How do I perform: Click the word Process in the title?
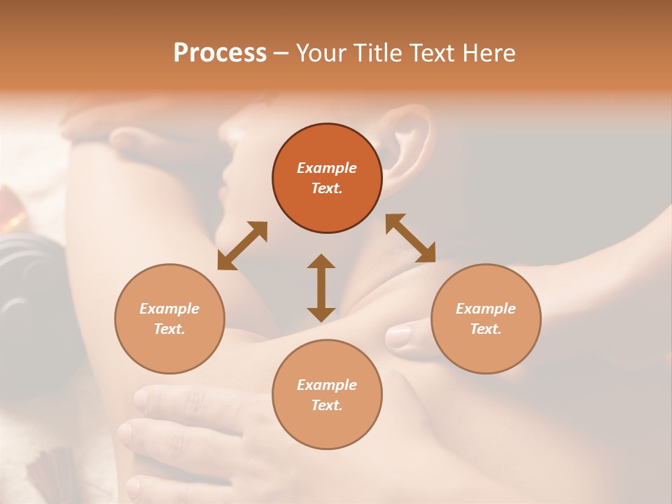click(220, 53)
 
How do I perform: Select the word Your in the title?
click(320, 53)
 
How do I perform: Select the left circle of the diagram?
click(169, 318)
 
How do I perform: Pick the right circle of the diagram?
click(486, 318)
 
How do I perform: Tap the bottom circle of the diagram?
click(327, 395)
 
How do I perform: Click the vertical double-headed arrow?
click(321, 288)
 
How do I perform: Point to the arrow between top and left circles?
click(242, 246)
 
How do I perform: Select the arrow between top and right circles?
click(410, 238)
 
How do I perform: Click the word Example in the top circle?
click(327, 168)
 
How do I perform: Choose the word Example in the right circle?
click(486, 309)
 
